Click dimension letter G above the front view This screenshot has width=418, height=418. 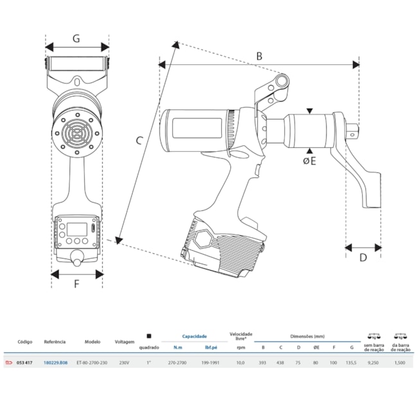76,39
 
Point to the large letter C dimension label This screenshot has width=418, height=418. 140,143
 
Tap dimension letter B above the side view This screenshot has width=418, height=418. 259,56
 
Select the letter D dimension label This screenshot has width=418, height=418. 363,258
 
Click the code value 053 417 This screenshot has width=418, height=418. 25,363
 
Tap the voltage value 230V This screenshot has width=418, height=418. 125,363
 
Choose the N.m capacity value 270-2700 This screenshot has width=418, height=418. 177,363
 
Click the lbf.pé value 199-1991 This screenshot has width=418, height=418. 210,363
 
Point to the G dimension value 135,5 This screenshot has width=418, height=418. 351,363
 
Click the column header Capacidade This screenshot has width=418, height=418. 194,336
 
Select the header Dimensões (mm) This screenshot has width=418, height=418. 307,336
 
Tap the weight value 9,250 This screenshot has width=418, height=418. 374,363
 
